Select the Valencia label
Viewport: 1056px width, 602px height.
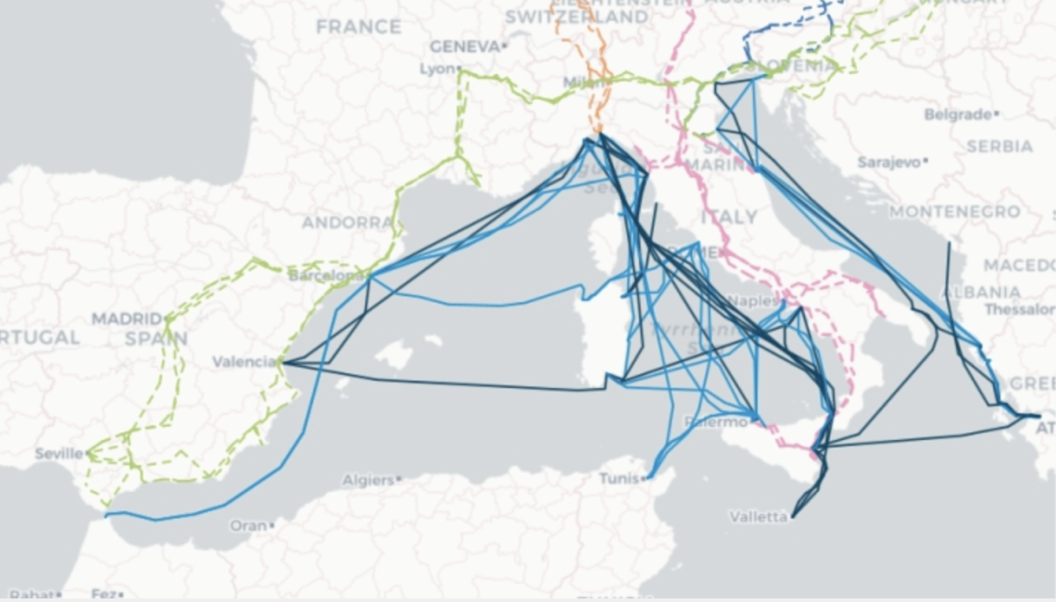(x=244, y=361)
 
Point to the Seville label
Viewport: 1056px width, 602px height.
(x=58, y=454)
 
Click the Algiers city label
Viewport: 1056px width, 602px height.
(x=367, y=481)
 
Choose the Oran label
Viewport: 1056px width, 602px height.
(x=247, y=525)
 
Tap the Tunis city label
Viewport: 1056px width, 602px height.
(x=619, y=479)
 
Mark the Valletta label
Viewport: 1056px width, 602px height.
(x=758, y=516)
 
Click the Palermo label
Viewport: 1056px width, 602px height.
(x=715, y=422)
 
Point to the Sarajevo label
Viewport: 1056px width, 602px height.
(x=888, y=162)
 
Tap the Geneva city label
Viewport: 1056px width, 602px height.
(x=464, y=45)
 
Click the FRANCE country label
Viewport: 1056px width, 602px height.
(x=358, y=27)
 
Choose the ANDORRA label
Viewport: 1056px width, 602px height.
(x=347, y=222)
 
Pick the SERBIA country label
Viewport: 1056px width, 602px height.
(x=999, y=146)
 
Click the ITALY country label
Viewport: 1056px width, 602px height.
(x=729, y=217)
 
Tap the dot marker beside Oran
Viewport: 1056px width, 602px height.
(x=272, y=525)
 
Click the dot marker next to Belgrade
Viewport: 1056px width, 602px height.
(x=996, y=115)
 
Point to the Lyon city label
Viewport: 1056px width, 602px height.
(x=437, y=69)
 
